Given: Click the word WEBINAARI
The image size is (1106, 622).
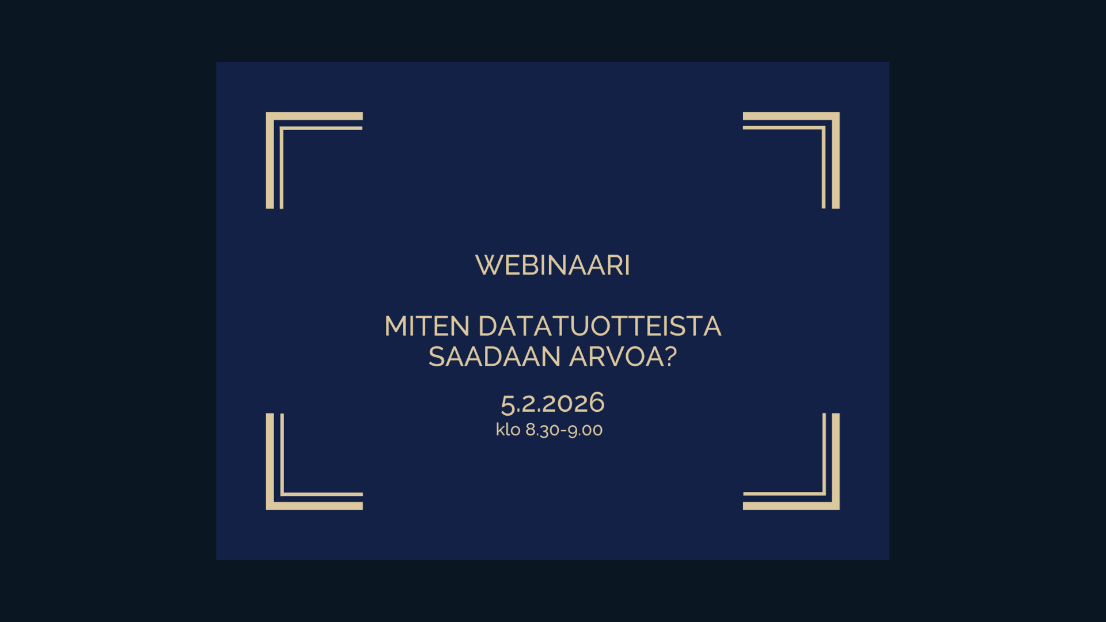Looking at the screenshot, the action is coord(552,266).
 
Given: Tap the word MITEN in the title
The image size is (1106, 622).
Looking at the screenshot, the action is coord(427,326).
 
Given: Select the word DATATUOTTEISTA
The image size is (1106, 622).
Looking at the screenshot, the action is coord(600,326).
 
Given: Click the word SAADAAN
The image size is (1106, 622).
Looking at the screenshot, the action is coord(494,356).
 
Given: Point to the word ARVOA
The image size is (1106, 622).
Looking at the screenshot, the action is coord(616,356).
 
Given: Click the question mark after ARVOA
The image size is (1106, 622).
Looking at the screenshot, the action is coord(671,356).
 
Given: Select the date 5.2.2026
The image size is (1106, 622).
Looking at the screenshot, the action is coord(552,403).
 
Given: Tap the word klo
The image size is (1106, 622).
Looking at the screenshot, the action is coord(508,429).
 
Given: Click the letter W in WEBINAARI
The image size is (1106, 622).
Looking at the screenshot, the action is coord(490,266).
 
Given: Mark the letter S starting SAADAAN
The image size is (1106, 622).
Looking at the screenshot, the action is coord(437,356).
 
